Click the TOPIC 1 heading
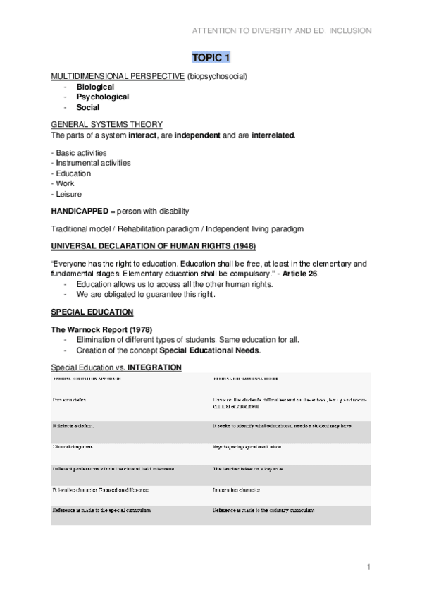click(211, 57)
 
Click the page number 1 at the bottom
click(368, 567)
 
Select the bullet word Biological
click(95, 87)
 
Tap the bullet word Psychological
click(103, 97)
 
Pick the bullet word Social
click(88, 108)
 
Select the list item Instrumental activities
click(91, 163)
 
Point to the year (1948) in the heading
click(240, 245)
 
